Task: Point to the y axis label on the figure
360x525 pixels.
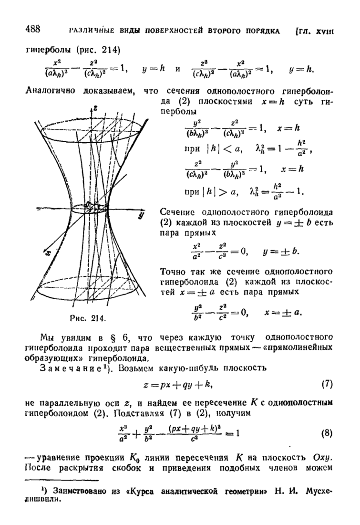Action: click(141, 216)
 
